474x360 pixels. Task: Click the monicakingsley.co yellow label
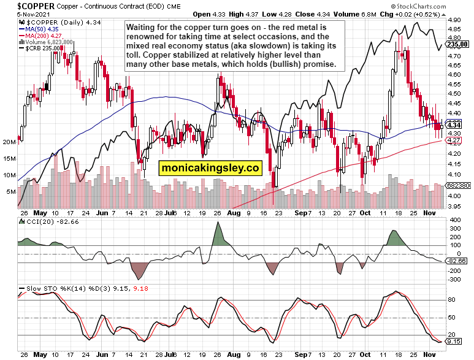[210, 167]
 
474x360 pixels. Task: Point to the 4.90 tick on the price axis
[454, 20]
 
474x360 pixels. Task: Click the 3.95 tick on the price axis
[454, 206]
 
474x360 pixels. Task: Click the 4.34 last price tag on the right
[454, 125]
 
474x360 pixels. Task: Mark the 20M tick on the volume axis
[9, 142]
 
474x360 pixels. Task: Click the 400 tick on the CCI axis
[454, 220]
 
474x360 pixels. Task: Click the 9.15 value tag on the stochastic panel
[454, 342]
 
